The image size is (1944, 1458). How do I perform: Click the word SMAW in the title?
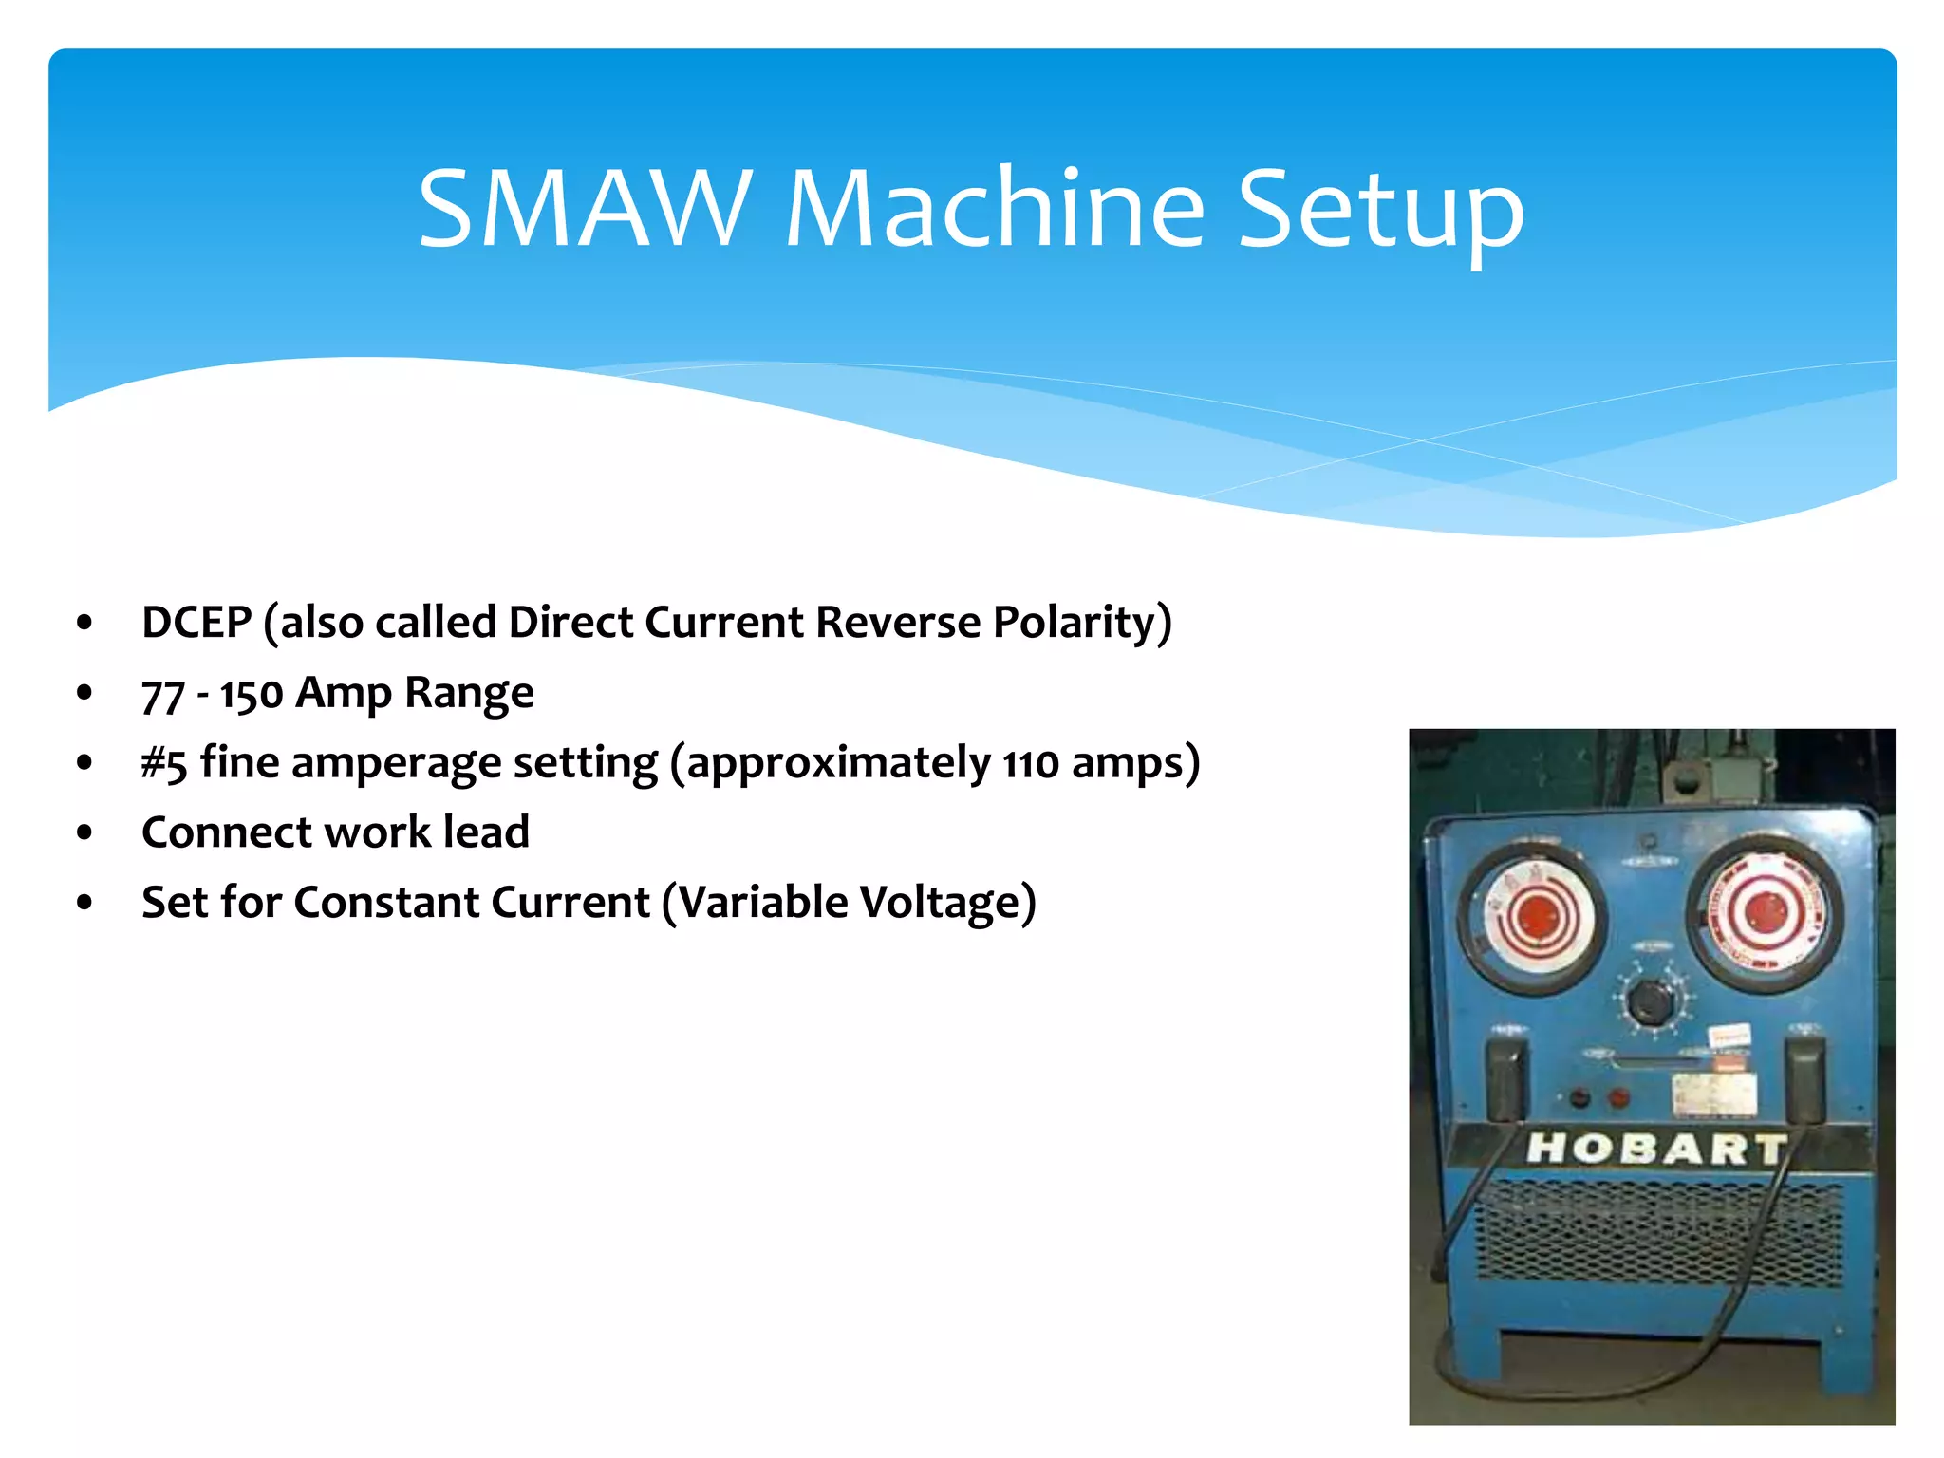click(x=585, y=209)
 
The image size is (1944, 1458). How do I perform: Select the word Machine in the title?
click(x=995, y=209)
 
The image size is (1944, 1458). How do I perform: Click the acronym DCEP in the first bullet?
click(x=196, y=623)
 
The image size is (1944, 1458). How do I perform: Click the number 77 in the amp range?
click(x=162, y=695)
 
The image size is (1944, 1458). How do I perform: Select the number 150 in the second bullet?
click(x=252, y=695)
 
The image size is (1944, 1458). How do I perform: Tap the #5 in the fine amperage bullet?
click(x=163, y=763)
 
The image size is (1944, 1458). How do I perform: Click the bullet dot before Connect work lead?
click(x=85, y=832)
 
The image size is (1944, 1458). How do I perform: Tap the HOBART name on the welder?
click(x=1655, y=1149)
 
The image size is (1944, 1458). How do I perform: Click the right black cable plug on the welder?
click(x=1804, y=1077)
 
